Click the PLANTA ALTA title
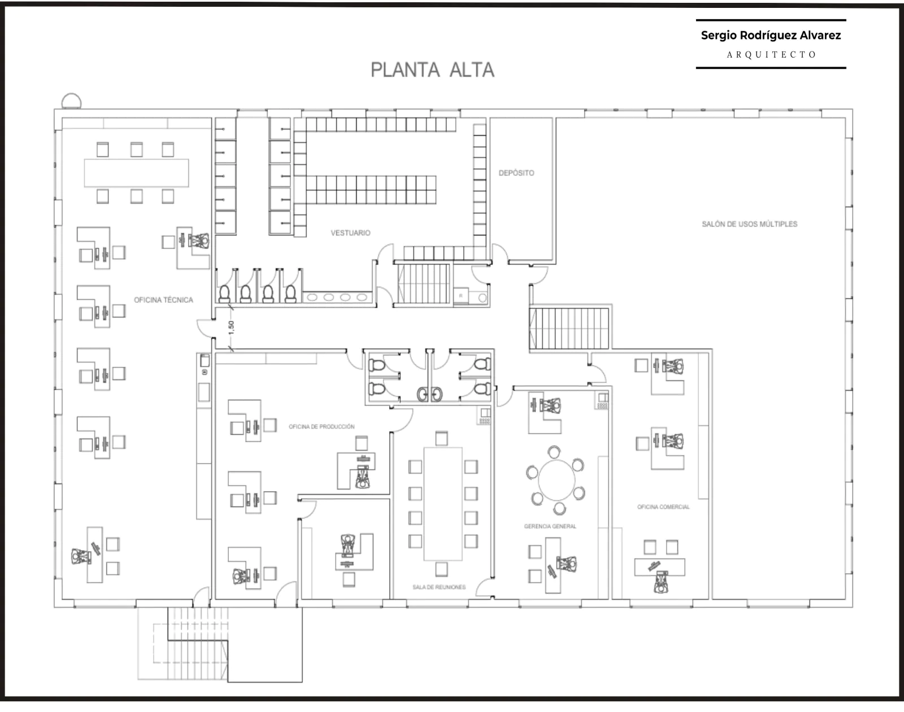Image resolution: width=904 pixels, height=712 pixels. [x=432, y=70]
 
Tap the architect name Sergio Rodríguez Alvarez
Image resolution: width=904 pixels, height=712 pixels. [x=771, y=35]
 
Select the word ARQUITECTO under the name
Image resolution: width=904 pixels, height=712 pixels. [x=771, y=55]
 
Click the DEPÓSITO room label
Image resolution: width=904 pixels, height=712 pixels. [x=516, y=173]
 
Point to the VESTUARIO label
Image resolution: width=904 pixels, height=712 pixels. [x=350, y=233]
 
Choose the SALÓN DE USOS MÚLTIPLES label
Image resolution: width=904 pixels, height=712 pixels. [x=749, y=224]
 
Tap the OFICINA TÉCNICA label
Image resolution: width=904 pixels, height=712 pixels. [x=163, y=300]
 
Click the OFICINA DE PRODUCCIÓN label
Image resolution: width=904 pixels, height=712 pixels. [x=322, y=426]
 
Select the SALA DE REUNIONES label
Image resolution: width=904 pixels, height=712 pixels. [x=439, y=587]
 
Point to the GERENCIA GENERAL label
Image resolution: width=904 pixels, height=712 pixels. [x=550, y=526]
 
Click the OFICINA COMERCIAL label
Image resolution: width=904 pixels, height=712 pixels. [x=663, y=506]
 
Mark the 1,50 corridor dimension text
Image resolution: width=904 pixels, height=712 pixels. [x=231, y=327]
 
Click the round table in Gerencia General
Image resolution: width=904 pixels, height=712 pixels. [x=557, y=480]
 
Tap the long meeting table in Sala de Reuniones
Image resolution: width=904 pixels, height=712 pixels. [x=443, y=504]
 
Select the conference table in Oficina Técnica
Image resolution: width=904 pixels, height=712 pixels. [x=137, y=173]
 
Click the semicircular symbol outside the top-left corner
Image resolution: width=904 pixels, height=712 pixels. [x=71, y=101]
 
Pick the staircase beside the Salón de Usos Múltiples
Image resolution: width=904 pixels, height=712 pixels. [x=569, y=328]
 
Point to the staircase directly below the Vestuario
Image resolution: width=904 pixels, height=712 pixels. [x=423, y=284]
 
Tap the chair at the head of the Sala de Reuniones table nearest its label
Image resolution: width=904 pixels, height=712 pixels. [x=441, y=569]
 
